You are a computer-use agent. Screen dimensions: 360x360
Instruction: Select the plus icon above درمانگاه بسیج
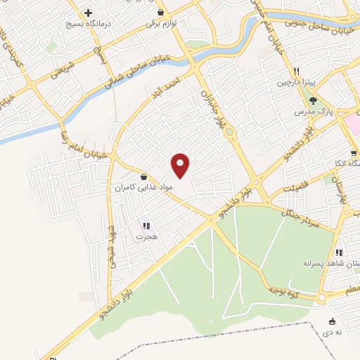pos(88,13)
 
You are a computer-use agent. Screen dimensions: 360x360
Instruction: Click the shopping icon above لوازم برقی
pos(161,13)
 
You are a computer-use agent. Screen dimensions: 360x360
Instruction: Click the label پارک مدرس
pos(314,111)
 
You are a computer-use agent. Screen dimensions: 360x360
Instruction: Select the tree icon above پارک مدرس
pos(313,100)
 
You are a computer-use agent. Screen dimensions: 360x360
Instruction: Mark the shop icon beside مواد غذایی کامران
pos(144,176)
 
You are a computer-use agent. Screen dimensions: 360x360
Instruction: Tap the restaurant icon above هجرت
pos(147,226)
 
